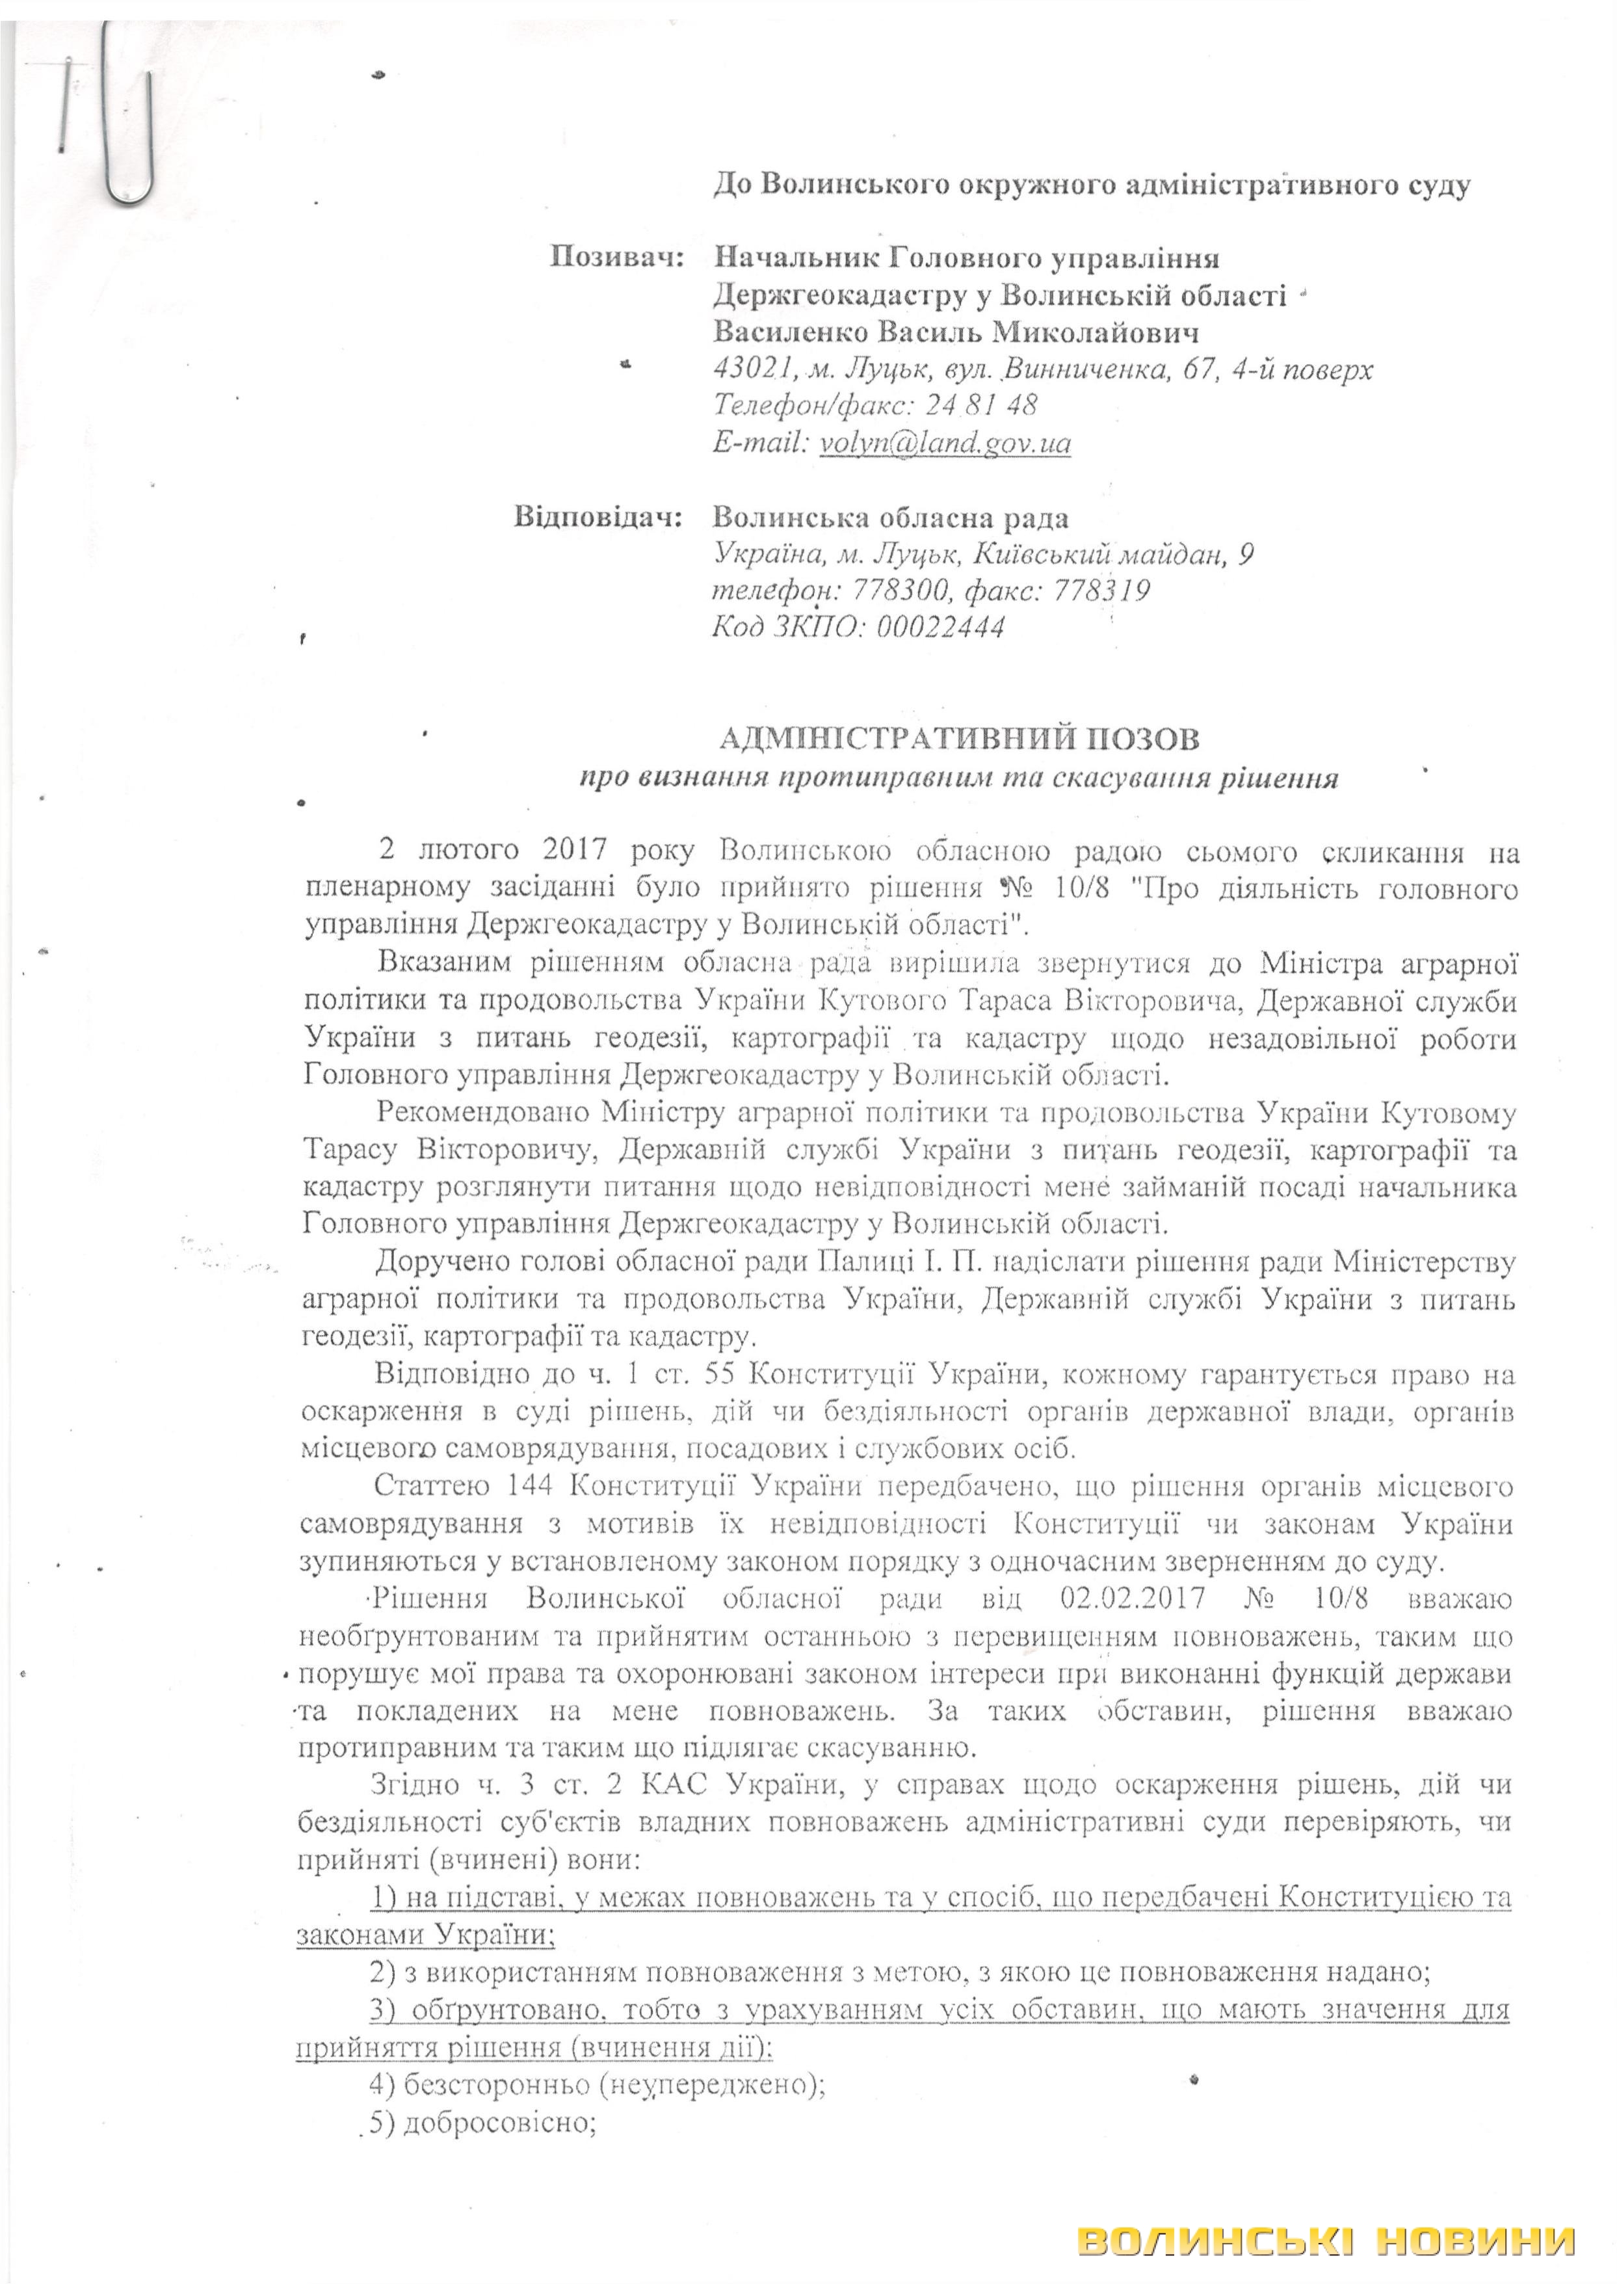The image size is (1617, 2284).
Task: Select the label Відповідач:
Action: pyautogui.click(x=598, y=518)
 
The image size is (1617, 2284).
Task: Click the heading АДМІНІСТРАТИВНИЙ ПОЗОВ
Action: pyautogui.click(x=959, y=739)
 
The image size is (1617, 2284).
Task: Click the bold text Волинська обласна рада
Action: pyautogui.click(x=892, y=518)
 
